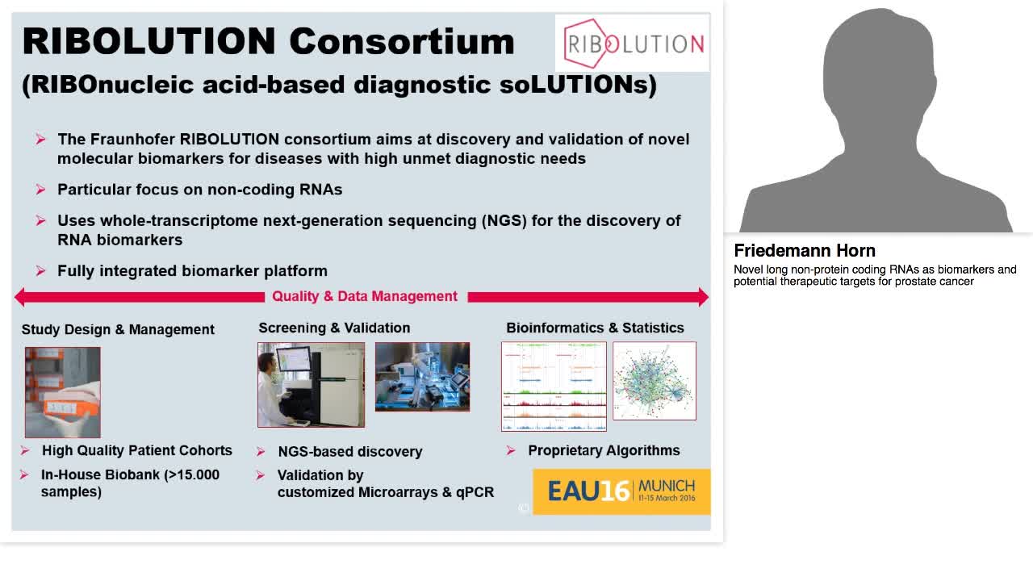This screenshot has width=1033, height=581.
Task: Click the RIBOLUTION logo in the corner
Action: (632, 43)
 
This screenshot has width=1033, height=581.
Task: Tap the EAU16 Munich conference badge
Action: (621, 491)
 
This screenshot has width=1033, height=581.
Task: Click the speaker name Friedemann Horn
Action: (805, 250)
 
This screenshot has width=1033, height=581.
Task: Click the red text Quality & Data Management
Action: (365, 296)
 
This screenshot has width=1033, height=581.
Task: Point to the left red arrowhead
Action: (21, 297)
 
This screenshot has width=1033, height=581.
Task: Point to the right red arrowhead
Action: (703, 297)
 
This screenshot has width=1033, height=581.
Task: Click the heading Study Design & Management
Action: (118, 329)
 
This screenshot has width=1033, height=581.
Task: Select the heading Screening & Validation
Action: (334, 328)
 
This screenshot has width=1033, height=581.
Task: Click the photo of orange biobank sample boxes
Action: (63, 392)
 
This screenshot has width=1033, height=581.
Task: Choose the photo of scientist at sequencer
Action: (312, 385)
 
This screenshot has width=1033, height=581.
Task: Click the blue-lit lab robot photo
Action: (422, 377)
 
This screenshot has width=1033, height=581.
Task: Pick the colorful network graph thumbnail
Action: (655, 381)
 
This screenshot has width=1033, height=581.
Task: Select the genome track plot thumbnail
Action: (554, 387)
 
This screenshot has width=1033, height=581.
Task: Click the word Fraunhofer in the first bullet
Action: (132, 140)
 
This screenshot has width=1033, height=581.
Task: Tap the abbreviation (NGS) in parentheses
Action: (504, 221)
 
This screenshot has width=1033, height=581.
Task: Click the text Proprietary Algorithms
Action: (604, 450)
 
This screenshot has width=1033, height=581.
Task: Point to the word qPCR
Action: (475, 492)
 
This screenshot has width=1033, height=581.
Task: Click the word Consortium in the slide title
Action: (402, 41)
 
